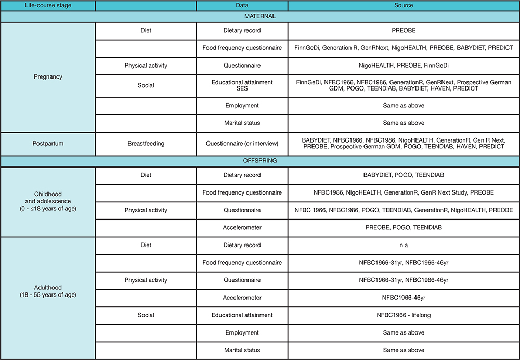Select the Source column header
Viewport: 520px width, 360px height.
[403, 6]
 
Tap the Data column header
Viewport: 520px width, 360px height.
[242, 6]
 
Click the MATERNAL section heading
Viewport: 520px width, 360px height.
[260, 16]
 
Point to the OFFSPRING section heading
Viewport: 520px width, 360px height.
[260, 161]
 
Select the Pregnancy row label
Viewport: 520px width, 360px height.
[48, 76]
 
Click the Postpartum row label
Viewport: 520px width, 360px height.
[48, 143]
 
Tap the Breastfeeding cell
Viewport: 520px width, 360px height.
[146, 143]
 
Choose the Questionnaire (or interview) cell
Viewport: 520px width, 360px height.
[242, 143]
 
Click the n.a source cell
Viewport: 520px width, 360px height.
[403, 245]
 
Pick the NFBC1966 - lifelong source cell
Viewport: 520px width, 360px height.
[403, 315]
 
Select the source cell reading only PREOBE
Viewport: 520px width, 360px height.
[403, 30]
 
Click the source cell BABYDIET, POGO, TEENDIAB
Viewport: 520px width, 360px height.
[403, 175]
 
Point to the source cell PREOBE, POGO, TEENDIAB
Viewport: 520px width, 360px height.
[403, 227]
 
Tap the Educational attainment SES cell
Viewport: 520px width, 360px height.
[242, 85]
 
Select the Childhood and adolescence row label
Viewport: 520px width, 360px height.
[48, 202]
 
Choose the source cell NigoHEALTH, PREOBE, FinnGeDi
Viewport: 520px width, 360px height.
[403, 66]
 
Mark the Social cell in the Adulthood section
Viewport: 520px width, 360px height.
[146, 315]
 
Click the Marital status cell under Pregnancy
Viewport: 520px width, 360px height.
[242, 123]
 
